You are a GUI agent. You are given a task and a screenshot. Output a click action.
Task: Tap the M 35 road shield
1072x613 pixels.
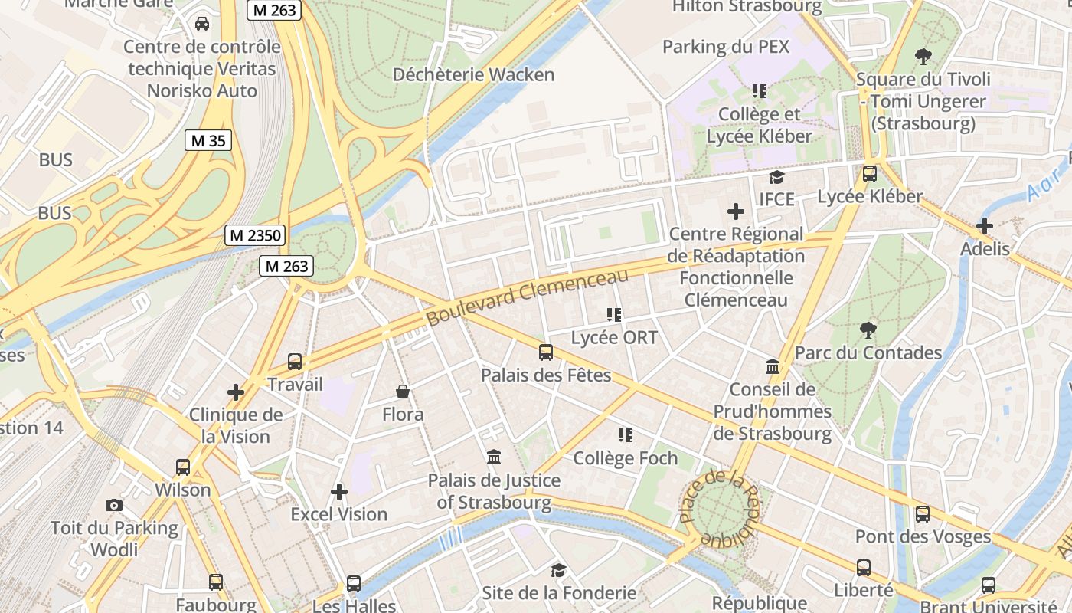(x=208, y=140)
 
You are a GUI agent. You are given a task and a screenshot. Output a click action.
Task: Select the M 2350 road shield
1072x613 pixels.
(x=255, y=235)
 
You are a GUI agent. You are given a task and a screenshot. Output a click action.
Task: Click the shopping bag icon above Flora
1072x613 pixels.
(x=403, y=392)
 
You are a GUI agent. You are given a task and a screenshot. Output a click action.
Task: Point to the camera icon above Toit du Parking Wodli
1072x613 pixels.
(x=114, y=506)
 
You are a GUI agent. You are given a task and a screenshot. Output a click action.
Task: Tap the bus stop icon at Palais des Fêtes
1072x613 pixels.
(x=546, y=352)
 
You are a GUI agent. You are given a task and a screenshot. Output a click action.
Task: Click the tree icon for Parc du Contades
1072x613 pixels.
(x=868, y=330)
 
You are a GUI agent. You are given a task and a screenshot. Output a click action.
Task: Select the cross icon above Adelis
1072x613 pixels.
(x=985, y=227)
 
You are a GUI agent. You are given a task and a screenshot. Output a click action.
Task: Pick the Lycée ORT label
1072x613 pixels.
(x=614, y=337)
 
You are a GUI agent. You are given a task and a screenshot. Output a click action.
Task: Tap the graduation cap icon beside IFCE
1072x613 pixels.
(x=777, y=177)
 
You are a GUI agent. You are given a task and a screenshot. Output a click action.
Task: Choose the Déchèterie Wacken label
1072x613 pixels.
(x=473, y=74)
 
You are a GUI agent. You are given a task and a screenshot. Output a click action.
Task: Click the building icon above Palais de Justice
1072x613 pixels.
(x=494, y=457)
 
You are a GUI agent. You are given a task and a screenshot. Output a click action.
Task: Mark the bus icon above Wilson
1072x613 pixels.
(x=183, y=467)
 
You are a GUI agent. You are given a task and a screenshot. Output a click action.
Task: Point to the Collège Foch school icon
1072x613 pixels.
(x=626, y=435)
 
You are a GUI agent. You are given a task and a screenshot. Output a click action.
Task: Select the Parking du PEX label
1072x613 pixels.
(x=725, y=47)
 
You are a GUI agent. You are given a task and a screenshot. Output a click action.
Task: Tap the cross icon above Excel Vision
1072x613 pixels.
(x=339, y=491)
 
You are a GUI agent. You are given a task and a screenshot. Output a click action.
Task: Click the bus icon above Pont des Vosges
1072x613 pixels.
(x=923, y=514)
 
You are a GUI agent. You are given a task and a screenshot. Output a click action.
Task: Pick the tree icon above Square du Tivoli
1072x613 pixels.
(x=923, y=56)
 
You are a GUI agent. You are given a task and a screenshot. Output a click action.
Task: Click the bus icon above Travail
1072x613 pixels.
(x=295, y=362)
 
